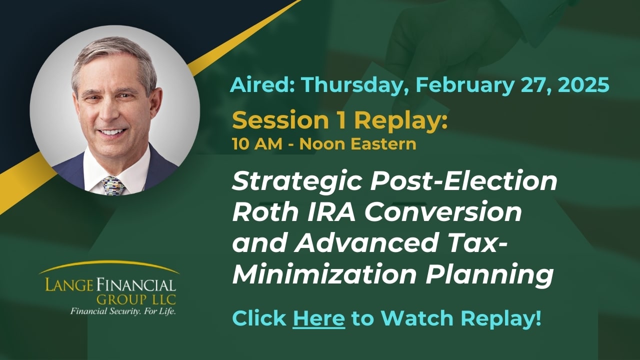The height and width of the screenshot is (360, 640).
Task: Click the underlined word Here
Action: [x=318, y=318]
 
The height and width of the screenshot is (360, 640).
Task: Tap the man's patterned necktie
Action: [x=113, y=185]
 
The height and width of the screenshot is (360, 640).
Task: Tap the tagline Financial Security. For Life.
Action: [x=123, y=311]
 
